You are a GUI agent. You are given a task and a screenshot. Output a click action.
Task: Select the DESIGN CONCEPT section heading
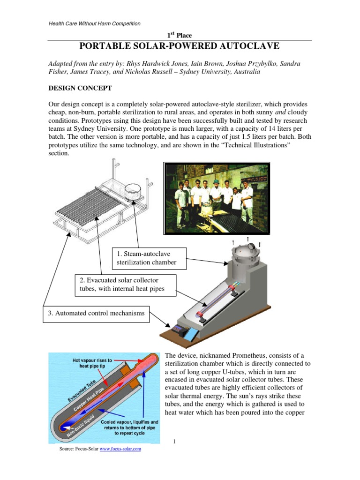80,88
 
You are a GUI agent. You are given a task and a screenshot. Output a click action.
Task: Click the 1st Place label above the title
180,35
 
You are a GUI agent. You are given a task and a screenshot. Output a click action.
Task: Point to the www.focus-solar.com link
120,449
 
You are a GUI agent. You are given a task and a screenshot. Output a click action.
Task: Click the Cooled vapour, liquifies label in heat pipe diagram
130,422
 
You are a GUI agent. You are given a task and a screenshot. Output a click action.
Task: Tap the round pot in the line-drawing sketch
135,192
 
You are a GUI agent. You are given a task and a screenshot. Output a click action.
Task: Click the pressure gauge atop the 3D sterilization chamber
252,246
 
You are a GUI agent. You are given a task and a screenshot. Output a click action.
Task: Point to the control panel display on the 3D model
179,329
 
